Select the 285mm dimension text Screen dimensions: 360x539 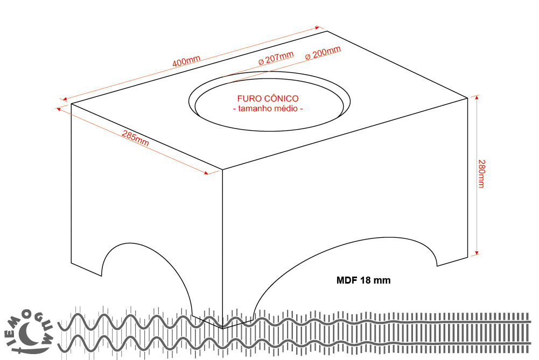pyautogui.click(x=135, y=138)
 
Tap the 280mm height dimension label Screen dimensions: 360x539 pyautogui.click(x=481, y=173)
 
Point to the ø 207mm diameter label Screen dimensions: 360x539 pyautogui.click(x=276, y=58)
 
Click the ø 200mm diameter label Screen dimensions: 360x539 pyautogui.click(x=323, y=53)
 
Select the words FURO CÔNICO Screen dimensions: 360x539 pyautogui.click(x=268, y=99)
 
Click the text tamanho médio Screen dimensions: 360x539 pyautogui.click(x=268, y=109)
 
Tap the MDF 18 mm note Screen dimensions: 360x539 pyautogui.click(x=363, y=280)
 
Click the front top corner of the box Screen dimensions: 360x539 pyautogui.click(x=223, y=170)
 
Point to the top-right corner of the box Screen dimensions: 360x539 pyautogui.click(x=467, y=97)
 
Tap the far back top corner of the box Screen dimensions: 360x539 pyautogui.click(x=327, y=31)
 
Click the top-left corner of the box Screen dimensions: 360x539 pyautogui.click(x=72, y=103)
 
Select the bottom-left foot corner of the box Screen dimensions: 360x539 pyautogui.click(x=72, y=263)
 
